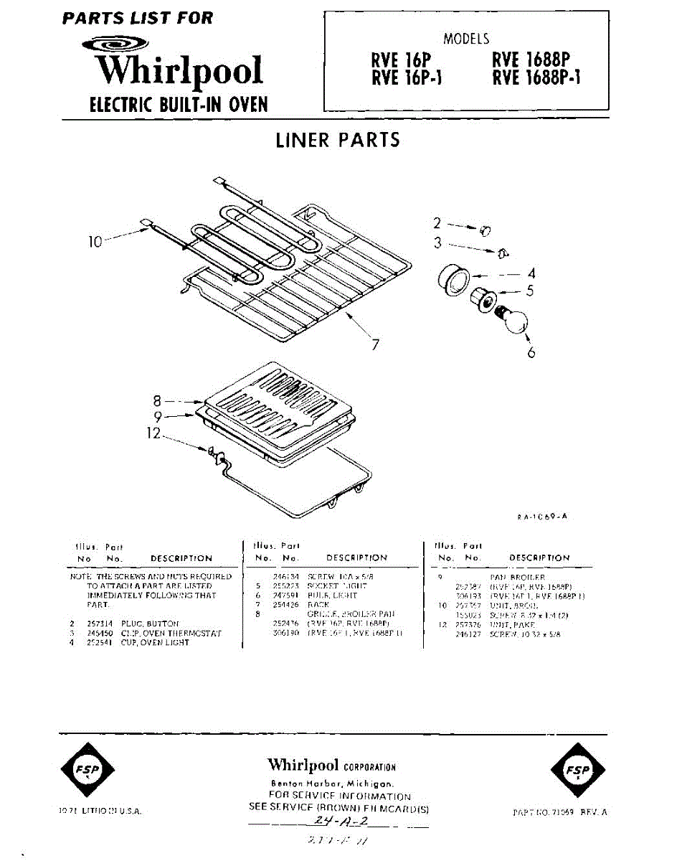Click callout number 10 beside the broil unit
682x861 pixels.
point(95,242)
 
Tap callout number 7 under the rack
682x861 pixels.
point(374,344)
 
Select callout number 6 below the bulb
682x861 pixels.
point(531,352)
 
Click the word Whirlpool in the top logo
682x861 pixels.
point(179,71)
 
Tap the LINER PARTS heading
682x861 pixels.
point(338,139)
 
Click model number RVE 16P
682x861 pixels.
point(401,60)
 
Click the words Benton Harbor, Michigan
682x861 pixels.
point(331,784)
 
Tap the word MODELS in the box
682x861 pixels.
point(466,39)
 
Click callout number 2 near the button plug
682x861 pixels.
point(436,223)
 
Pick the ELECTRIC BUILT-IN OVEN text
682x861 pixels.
point(178,105)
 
